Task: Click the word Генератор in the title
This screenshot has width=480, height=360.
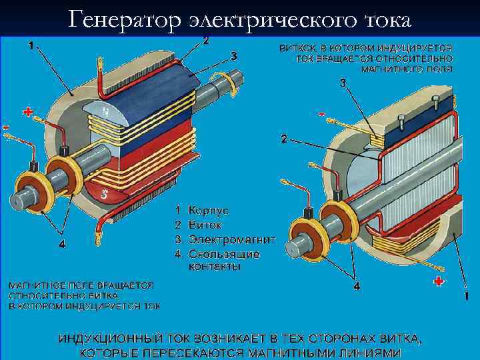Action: [123, 20]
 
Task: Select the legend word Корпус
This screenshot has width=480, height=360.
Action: [209, 210]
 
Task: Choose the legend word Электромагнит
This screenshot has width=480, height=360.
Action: [232, 239]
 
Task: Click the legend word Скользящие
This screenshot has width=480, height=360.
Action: [224, 254]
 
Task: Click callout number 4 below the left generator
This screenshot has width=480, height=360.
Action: [62, 244]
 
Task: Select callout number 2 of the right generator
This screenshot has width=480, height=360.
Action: [285, 140]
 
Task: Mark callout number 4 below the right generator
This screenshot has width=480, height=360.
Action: [357, 286]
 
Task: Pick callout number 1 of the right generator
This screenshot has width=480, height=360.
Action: [466, 294]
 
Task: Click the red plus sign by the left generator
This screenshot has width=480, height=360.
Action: [27, 113]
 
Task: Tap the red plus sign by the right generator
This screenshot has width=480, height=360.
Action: [438, 281]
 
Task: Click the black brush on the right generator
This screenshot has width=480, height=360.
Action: [309, 214]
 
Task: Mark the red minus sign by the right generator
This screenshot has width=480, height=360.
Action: [322, 115]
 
